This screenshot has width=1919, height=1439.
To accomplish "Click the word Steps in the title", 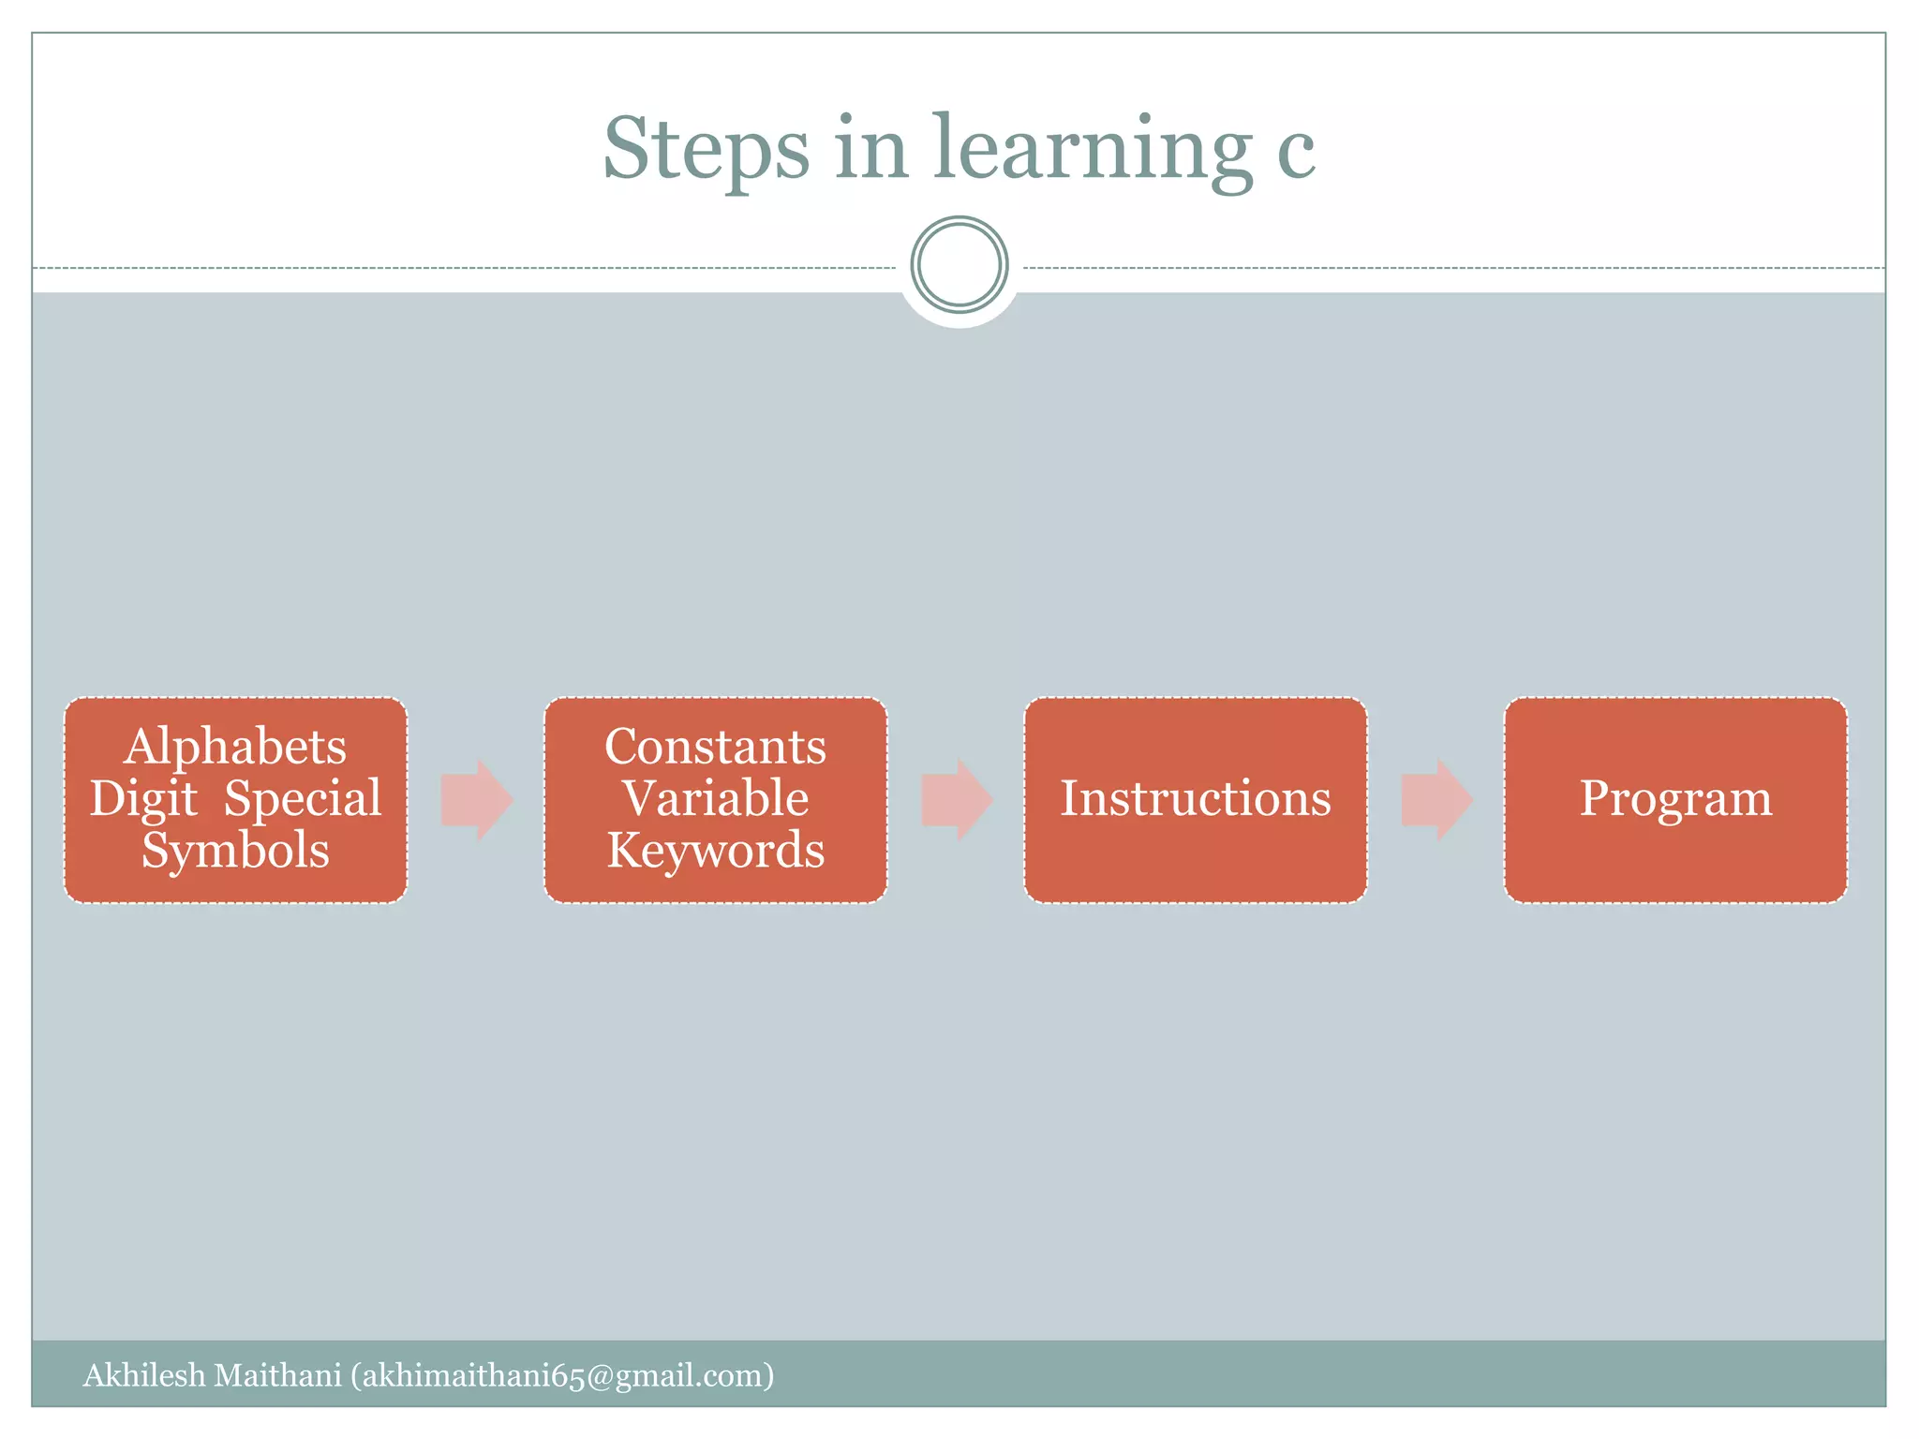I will pyautogui.click(x=706, y=149).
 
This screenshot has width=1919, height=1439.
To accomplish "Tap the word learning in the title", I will pyautogui.click(x=1092, y=149).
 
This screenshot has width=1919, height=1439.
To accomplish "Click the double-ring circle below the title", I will pyautogui.click(x=959, y=264).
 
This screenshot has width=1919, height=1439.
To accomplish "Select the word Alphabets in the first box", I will pyautogui.click(x=235, y=748).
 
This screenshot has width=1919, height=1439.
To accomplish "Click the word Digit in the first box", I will pyautogui.click(x=143, y=799).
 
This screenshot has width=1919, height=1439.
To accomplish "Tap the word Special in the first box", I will pyautogui.click(x=303, y=799).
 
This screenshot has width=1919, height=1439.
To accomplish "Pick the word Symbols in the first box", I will pyautogui.click(x=235, y=850).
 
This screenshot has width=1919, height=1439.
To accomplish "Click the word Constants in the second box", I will pyautogui.click(x=715, y=748).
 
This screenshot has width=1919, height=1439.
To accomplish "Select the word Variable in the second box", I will pyautogui.click(x=715, y=798).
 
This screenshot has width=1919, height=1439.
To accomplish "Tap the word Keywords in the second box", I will pyautogui.click(x=715, y=850).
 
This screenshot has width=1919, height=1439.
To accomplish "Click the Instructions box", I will pyautogui.click(x=1195, y=799).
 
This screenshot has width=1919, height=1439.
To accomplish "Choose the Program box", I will pyautogui.click(x=1675, y=799).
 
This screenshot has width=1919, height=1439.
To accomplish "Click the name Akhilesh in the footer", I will pyautogui.click(x=143, y=1375).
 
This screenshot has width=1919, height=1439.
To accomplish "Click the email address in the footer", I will pyautogui.click(x=562, y=1375).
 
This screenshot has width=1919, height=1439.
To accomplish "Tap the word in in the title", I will pyautogui.click(x=870, y=149).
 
